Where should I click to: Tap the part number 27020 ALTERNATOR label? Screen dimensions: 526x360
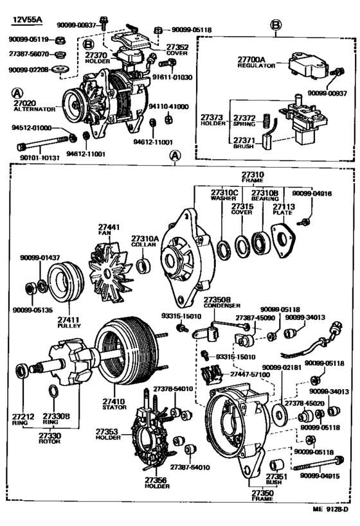tap(30, 105)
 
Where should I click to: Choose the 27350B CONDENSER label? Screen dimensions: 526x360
tap(221, 302)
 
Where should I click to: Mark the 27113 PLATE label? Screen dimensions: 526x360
tap(283, 210)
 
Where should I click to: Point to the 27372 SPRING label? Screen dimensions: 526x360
tap(244, 121)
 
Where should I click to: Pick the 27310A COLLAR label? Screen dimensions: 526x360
tap(145, 241)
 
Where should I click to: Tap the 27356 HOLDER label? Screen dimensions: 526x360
tap(157, 483)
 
